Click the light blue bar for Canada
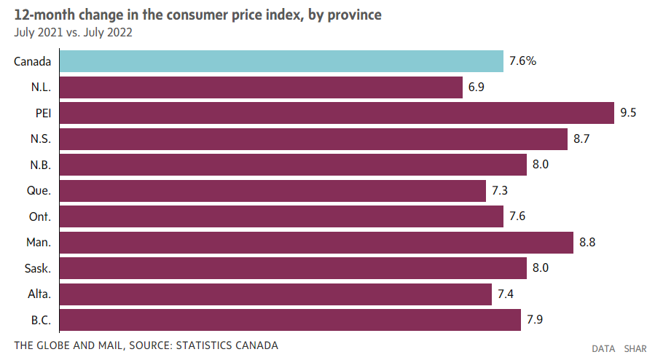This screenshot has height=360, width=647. (x=281, y=61)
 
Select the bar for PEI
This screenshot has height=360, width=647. (x=336, y=113)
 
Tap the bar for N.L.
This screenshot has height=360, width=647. (x=260, y=87)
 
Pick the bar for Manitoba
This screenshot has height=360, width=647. (x=315, y=242)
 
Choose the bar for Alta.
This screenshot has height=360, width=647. (x=275, y=294)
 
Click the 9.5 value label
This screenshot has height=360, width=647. (x=629, y=113)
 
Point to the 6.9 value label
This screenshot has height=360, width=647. (x=477, y=87)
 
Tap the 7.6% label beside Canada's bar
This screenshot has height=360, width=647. (x=522, y=61)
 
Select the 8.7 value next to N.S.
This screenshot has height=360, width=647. (x=581, y=138)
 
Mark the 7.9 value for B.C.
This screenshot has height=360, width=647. (x=536, y=320)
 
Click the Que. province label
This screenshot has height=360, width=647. (x=37, y=191)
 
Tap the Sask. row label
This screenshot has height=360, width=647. (x=36, y=268)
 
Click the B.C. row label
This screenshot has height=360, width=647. (x=39, y=320)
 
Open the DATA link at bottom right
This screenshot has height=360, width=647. (x=603, y=349)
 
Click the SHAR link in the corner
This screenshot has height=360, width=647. (x=635, y=349)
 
